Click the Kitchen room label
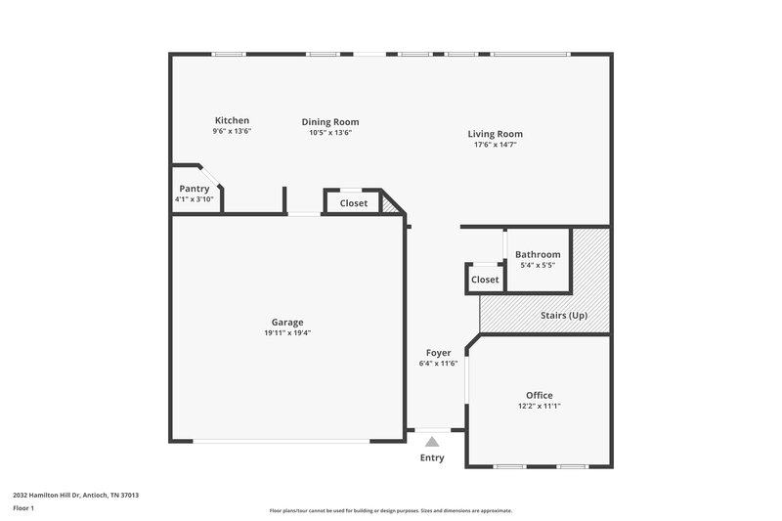tap(232, 120)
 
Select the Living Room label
tap(495, 134)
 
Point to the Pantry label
tap(194, 189)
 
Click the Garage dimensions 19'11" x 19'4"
tap(287, 332)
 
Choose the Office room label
tap(539, 395)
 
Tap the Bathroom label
tap(538, 254)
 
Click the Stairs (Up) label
tap(564, 316)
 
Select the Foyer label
tap(438, 353)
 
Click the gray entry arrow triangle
tap(432, 442)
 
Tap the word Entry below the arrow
tap(432, 457)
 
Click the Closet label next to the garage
tap(354, 203)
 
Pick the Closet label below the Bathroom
tap(485, 280)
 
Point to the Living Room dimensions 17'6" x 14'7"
tap(495, 145)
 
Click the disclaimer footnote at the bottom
tap(390, 510)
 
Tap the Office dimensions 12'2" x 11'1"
tap(539, 406)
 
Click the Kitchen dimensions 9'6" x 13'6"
tap(232, 131)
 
